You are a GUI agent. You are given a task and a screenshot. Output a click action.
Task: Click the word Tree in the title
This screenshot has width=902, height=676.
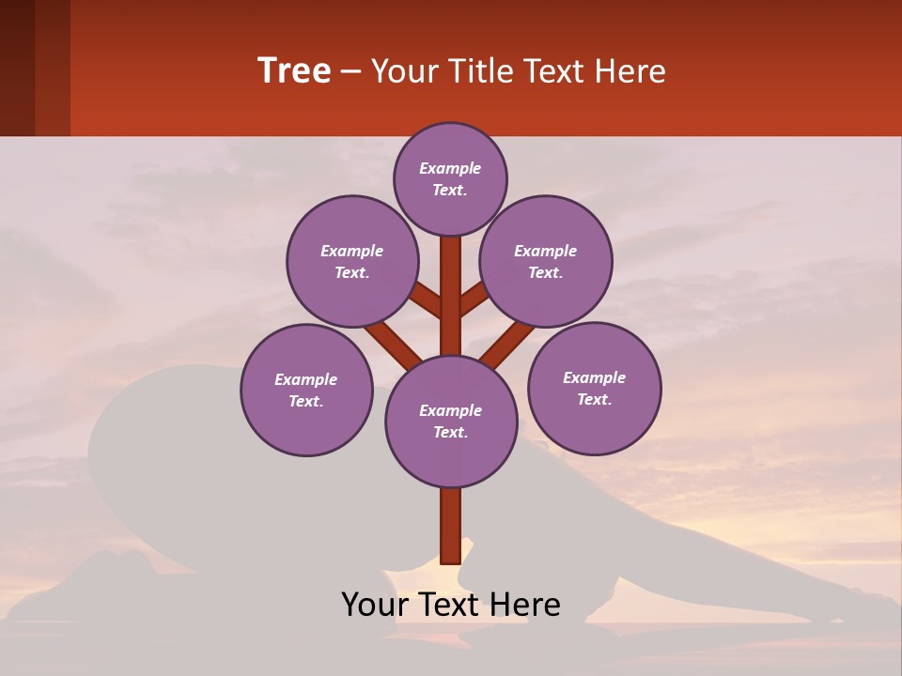point(294,71)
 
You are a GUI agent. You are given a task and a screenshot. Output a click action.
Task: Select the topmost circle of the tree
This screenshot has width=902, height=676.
point(450,178)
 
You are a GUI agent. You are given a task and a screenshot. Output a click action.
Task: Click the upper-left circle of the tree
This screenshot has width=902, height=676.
point(351,261)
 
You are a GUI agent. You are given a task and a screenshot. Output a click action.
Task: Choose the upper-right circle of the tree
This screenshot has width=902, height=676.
point(546,261)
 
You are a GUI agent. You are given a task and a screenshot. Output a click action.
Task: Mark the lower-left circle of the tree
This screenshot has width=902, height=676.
point(306,390)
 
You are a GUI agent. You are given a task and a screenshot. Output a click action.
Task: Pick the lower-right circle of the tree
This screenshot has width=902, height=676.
point(594,388)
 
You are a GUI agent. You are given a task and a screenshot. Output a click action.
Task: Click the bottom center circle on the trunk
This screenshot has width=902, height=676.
point(451,422)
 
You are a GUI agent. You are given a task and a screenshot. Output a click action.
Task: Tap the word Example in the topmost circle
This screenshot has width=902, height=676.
point(450,168)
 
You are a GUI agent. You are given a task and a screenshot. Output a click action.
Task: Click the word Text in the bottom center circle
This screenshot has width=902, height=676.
point(451,433)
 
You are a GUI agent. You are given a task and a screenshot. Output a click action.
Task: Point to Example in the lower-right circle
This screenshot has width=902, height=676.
point(594,377)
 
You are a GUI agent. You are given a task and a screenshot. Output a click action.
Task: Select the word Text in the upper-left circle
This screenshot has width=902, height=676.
point(351,272)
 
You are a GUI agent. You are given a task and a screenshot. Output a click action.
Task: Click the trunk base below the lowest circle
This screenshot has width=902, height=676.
point(451,526)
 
